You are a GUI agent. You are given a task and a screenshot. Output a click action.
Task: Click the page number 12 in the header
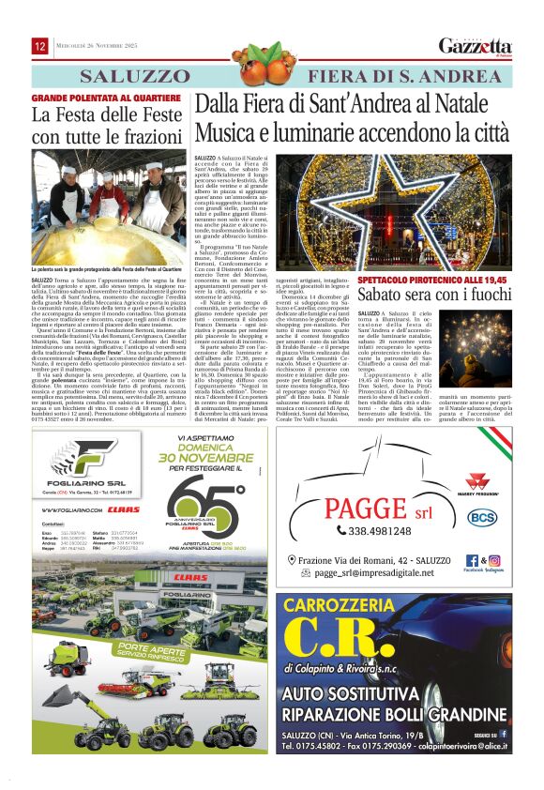40,46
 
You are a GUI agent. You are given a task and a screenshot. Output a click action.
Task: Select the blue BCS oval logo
482,516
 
